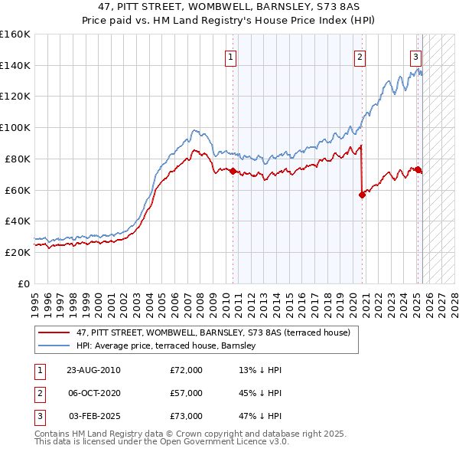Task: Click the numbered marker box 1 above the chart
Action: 230,56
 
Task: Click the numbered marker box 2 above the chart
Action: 360,56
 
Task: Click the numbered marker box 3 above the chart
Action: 415,56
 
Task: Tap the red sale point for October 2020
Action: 362,195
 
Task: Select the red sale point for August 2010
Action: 233,171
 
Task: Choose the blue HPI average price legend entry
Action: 169,346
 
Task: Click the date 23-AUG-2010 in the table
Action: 93,370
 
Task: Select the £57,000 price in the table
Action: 186,393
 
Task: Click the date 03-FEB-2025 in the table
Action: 93,416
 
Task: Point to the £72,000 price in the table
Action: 186,370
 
